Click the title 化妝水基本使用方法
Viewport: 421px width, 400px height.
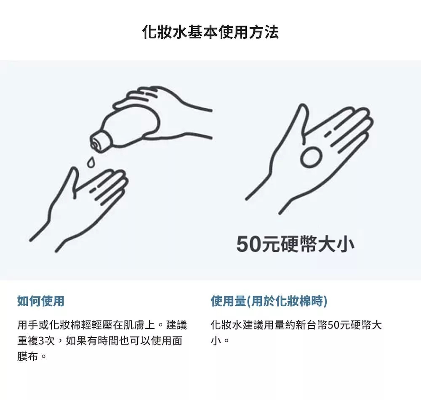click(x=210, y=32)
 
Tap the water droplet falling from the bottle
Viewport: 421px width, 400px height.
click(x=91, y=163)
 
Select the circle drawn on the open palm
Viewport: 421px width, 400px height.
click(x=311, y=157)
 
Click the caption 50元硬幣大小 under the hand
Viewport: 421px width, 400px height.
click(x=295, y=244)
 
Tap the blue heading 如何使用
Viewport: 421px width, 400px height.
click(x=41, y=301)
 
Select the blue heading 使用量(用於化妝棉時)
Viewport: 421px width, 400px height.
click(x=269, y=301)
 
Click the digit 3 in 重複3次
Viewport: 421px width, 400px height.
click(x=41, y=341)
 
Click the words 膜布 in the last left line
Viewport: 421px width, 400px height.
click(x=27, y=357)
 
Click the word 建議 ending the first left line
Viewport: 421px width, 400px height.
click(x=176, y=325)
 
